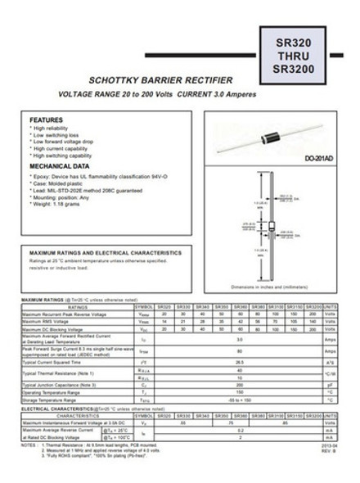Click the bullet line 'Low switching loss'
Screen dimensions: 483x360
58,135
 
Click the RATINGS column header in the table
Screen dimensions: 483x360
78,306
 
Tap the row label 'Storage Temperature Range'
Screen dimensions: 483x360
57,399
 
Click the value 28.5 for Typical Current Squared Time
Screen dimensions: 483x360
240,361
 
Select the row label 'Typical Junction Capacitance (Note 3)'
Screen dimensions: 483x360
69,384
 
